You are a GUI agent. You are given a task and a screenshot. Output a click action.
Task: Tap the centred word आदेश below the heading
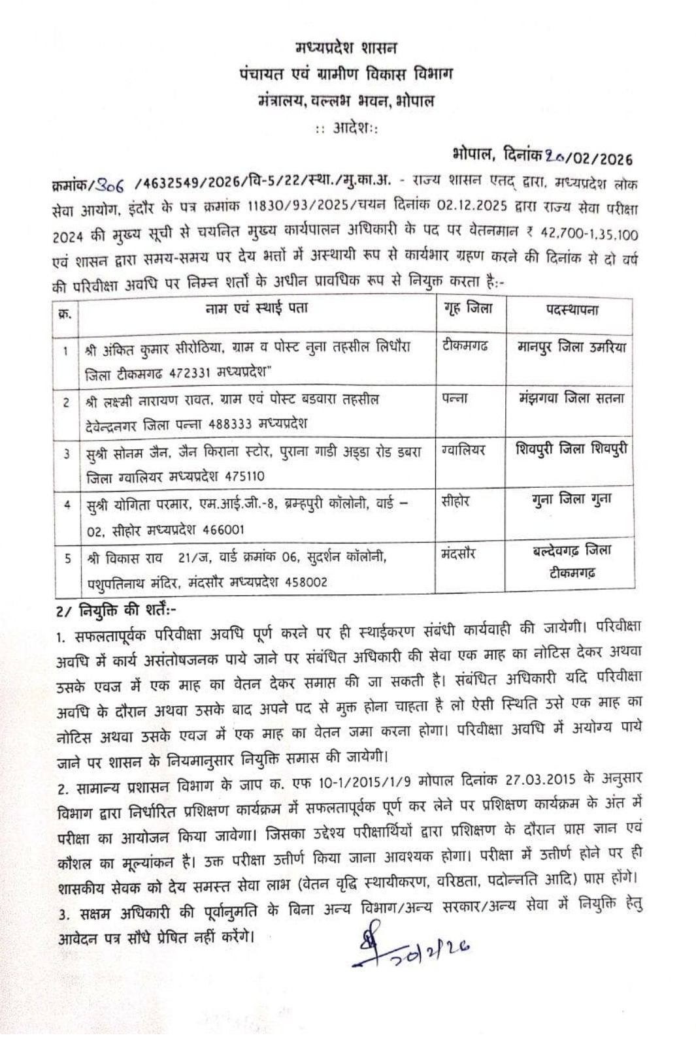coord(346,127)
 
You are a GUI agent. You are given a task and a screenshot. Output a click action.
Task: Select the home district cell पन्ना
coord(455,399)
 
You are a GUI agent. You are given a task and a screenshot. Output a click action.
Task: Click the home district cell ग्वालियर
coord(463,451)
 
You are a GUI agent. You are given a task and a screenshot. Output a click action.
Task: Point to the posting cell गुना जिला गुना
coord(572,500)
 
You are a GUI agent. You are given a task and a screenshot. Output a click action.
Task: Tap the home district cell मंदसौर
coord(459,554)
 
